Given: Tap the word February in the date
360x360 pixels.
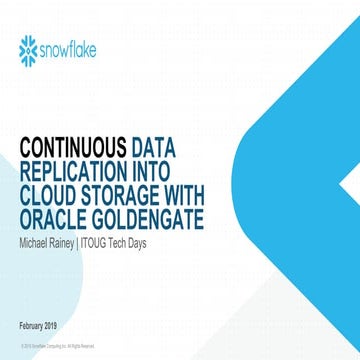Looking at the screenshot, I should (x=36, y=327).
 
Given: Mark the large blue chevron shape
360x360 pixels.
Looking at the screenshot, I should (x=300, y=180).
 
